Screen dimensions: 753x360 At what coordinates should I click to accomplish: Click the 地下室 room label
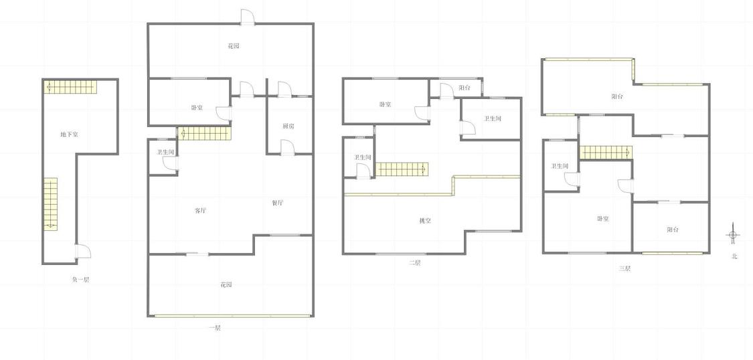69,135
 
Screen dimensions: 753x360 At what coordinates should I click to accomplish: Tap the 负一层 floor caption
80,279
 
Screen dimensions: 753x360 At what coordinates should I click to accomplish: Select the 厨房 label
288,126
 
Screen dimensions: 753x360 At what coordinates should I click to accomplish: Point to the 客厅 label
200,211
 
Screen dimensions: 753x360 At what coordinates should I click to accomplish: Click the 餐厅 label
277,203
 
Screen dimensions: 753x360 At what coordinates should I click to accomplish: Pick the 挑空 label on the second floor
425,221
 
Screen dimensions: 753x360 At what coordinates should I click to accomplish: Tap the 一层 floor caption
214,329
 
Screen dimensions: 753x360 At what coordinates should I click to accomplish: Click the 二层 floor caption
414,263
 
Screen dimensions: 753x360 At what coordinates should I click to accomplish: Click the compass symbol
732,235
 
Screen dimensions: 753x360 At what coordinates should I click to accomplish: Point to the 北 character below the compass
734,256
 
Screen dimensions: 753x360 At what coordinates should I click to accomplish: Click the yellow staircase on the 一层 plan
204,133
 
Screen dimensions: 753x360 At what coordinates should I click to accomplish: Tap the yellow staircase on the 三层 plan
606,153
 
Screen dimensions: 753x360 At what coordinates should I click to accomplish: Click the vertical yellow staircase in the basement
51,204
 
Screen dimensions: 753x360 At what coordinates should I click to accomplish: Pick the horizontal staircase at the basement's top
70,87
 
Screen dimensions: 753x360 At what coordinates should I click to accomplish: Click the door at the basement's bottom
82,252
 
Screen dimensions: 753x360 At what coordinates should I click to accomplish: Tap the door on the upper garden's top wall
247,17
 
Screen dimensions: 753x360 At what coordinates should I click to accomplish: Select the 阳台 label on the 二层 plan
464,88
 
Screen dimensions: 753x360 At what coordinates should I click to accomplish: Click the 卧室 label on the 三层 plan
603,219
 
